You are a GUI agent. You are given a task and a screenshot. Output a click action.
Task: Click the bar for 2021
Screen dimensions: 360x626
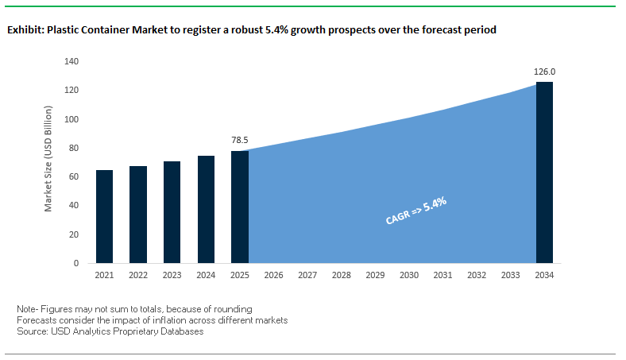coord(104,216)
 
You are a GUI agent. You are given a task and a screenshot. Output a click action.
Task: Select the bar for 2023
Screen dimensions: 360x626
coord(172,212)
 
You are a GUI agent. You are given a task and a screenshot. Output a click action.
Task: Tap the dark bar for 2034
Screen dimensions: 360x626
coord(544,172)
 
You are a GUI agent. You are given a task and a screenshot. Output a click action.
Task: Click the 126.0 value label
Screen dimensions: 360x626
coord(544,72)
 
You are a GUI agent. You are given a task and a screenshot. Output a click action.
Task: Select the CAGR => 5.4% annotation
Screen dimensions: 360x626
coord(415,211)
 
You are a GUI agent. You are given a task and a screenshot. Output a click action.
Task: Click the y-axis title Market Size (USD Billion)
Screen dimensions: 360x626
coord(48,162)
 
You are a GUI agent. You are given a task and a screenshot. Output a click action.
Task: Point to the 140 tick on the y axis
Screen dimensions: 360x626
coord(71,61)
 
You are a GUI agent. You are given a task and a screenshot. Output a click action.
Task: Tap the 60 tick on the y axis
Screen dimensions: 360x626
coord(73,176)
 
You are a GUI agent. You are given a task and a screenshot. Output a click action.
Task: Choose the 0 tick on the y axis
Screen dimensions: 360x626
coord(76,263)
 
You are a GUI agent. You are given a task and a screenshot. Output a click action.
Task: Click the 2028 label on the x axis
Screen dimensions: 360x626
coord(341,275)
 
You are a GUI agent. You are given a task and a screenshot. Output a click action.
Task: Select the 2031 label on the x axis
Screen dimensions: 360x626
coord(442,275)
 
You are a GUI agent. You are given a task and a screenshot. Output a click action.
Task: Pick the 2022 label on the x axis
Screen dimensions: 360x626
coord(138,275)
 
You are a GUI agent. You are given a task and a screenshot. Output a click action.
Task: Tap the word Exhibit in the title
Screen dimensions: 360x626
coord(25,30)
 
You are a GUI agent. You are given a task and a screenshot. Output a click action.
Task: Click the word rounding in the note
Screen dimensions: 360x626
coord(233,308)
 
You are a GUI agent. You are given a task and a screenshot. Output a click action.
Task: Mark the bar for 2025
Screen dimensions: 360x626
coord(240,207)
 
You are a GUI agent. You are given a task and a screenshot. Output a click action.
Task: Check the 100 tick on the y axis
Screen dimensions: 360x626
coord(71,119)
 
